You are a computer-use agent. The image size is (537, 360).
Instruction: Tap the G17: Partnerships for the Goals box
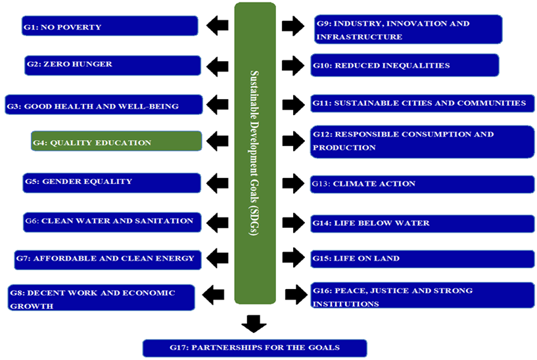254,348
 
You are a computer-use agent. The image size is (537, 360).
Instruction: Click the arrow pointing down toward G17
254,323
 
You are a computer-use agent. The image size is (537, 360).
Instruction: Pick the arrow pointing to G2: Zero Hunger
218,65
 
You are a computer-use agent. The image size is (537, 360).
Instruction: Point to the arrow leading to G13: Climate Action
292,183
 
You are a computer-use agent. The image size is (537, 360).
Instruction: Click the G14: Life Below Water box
423,223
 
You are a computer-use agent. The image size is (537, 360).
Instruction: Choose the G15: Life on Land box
423,259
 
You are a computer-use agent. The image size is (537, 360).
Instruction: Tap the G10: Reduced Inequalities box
404,66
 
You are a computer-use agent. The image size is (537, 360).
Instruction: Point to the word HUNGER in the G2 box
91,64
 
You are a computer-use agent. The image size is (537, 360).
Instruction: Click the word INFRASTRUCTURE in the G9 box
359,37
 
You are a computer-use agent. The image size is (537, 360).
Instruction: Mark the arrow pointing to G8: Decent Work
214,295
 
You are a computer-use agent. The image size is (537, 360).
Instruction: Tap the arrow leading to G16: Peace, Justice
296,295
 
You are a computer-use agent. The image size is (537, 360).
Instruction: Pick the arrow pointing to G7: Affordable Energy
218,258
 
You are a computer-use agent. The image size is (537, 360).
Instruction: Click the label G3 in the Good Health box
14,106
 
